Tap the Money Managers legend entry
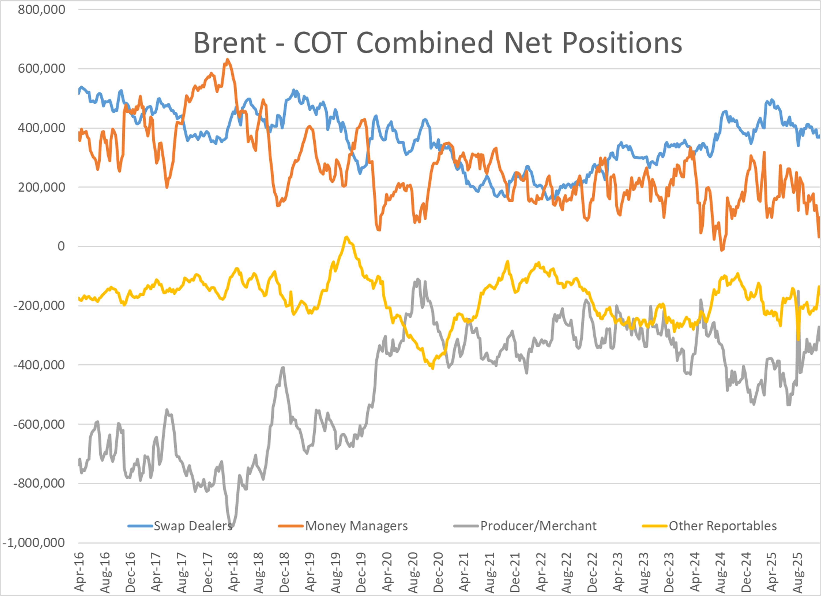[x=356, y=526]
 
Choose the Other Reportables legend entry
[x=722, y=526]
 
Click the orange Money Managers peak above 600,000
[x=227, y=60]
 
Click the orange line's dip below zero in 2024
[x=722, y=250]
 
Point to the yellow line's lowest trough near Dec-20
[x=433, y=368]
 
